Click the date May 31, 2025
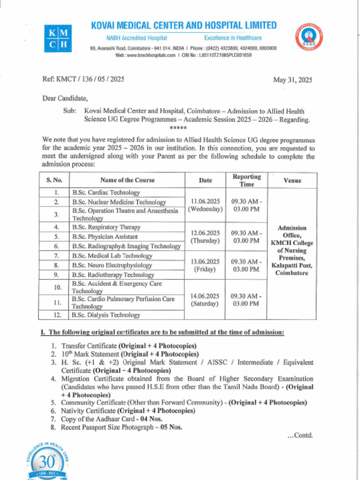click(292, 80)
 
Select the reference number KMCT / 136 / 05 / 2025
click(83, 79)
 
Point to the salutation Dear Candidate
click(65, 98)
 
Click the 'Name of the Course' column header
click(127, 180)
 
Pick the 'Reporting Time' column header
click(247, 180)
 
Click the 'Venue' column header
click(292, 180)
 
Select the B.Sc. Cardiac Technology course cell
click(106, 193)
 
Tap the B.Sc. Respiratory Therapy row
click(106, 227)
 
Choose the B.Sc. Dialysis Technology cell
click(106, 315)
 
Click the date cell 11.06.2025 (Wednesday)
click(205, 205)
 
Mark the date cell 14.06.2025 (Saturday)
click(205, 300)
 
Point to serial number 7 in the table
click(56, 255)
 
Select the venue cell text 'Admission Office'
click(292, 232)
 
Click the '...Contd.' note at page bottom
click(300, 435)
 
